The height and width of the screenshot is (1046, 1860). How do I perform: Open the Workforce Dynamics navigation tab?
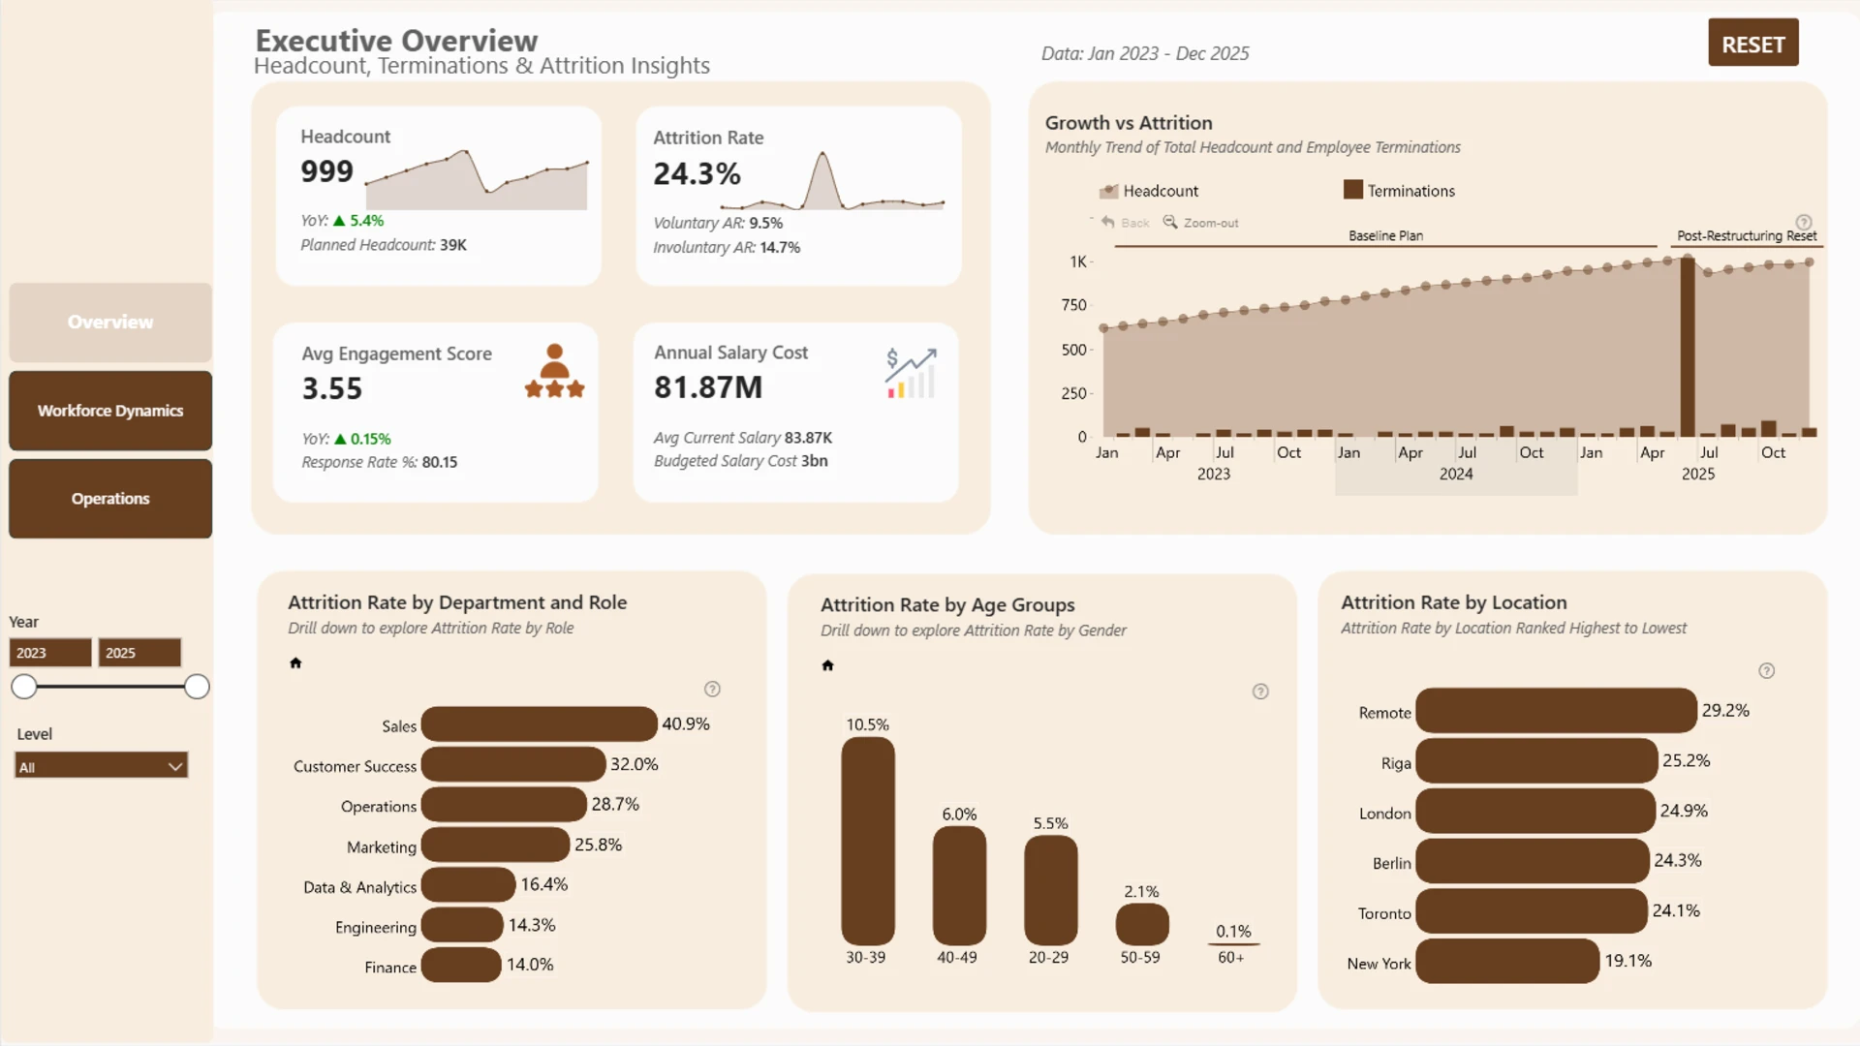pos(110,411)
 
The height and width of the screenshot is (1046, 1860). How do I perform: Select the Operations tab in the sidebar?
pos(110,499)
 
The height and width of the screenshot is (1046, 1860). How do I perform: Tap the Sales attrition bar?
pos(539,724)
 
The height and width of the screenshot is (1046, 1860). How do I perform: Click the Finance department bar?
pos(461,965)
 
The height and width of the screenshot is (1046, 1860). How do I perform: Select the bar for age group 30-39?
pos(868,841)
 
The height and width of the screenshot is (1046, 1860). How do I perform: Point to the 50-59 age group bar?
pos(1142,924)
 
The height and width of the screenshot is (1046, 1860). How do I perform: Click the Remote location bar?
pos(1556,711)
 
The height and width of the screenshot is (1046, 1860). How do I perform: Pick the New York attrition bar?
pos(1507,961)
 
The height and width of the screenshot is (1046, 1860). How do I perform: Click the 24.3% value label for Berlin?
pos(1678,860)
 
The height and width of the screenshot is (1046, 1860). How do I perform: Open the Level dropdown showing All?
pos(101,766)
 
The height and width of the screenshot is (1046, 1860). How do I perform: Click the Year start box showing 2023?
pos(50,653)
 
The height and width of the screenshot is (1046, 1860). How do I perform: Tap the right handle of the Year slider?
pos(197,687)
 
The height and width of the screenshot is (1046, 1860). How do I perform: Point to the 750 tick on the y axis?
pos(1073,305)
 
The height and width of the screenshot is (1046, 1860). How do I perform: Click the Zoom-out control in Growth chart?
pos(1200,223)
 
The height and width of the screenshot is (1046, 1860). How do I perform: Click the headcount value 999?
pos(327,171)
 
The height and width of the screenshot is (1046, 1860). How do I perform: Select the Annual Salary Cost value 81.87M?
pos(708,387)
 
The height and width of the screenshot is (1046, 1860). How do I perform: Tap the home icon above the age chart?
pos(827,665)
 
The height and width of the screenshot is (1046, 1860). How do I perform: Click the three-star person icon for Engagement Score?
pos(554,371)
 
